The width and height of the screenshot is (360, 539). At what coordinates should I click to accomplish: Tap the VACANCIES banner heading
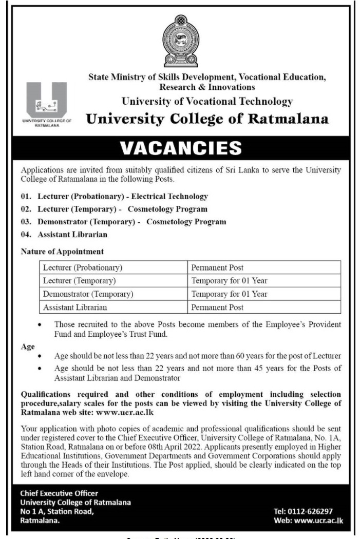(180, 148)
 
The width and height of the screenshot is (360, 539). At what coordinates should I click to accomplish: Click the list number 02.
(26, 209)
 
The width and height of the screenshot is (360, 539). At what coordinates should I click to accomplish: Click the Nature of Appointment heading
(62, 252)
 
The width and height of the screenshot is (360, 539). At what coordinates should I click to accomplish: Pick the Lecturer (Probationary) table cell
(83, 268)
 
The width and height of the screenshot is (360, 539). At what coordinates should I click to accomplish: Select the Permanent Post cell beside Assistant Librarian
(217, 307)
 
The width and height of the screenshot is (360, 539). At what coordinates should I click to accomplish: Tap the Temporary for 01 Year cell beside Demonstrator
(229, 294)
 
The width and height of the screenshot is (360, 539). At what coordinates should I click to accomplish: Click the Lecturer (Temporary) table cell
(80, 281)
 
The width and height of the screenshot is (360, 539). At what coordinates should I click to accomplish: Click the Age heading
(28, 346)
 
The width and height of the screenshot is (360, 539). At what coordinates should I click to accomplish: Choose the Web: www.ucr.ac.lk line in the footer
(309, 521)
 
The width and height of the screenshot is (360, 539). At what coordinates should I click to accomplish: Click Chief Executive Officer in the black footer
(59, 493)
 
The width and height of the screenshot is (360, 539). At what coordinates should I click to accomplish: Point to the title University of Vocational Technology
(207, 102)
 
